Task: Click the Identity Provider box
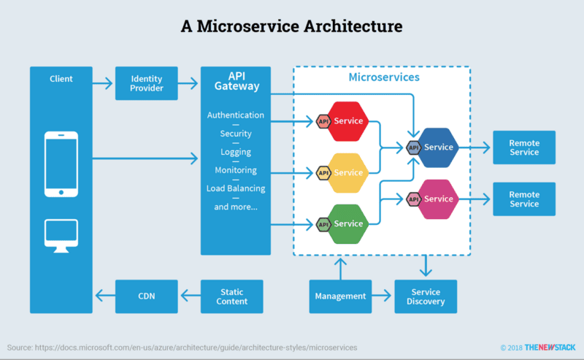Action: click(146, 83)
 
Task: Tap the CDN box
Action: click(146, 296)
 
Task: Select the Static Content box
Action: click(232, 296)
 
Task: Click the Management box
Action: click(340, 296)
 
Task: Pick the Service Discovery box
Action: click(426, 296)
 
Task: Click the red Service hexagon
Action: click(348, 120)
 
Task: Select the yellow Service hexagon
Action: click(348, 172)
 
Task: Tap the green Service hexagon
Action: click(348, 223)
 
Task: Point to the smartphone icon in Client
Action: click(61, 164)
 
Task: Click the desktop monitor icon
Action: click(61, 235)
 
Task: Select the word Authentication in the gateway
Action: click(236, 115)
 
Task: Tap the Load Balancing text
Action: click(236, 188)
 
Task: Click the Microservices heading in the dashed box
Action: click(384, 77)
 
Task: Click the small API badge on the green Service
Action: click(323, 223)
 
